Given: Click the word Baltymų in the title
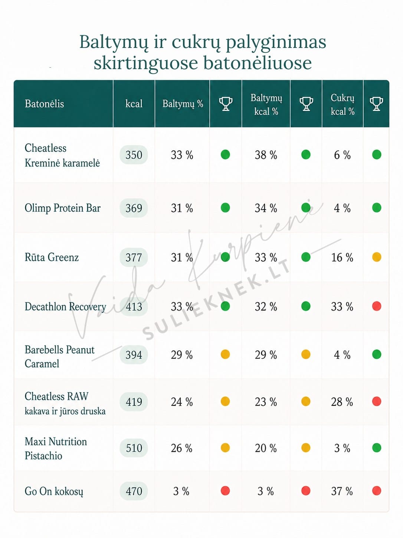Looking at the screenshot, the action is [114, 42].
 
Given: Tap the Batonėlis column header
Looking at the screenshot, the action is [44, 104].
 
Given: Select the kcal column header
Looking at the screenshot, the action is [134, 104].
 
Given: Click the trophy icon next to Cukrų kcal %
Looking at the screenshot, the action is [376, 104].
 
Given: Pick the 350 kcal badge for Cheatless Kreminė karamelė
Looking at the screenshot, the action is [134, 155].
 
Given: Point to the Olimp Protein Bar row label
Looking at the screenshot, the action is [63, 208].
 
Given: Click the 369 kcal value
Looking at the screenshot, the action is [134, 208].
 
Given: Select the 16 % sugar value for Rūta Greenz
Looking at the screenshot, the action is [342, 257].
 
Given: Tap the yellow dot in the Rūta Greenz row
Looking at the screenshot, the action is [377, 257].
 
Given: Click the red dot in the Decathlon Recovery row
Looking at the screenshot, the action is [377, 306].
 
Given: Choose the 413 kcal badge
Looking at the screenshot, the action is [134, 307].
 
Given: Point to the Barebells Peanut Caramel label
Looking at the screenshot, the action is [59, 357].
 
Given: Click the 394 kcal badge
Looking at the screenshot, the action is [134, 355].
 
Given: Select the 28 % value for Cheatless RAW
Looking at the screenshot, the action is [342, 402].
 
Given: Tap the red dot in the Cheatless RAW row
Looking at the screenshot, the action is [377, 402].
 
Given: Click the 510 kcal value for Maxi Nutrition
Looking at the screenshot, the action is [134, 448].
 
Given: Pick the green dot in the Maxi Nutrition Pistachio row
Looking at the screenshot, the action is [377, 448].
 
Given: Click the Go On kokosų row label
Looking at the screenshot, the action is [54, 492].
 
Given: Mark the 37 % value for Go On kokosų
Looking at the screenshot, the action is [342, 491].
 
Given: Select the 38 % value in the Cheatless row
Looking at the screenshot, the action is [266, 155].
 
